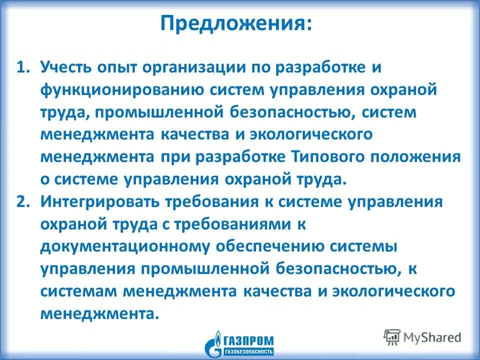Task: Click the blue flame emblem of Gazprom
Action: (x=215, y=343)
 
